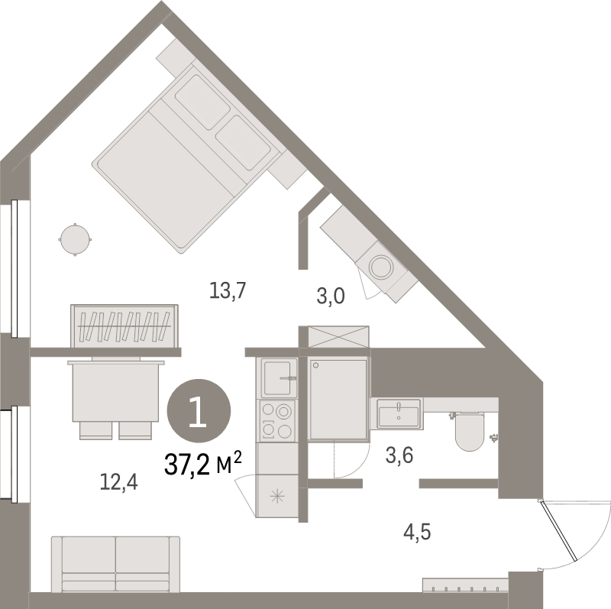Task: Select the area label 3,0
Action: pyautogui.click(x=331, y=295)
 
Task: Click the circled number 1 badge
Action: pyautogui.click(x=197, y=413)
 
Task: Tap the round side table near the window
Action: pyautogui.click(x=75, y=240)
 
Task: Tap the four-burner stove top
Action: pyautogui.click(x=276, y=420)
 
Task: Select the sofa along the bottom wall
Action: pyautogui.click(x=114, y=563)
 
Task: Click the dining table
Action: pyautogui.click(x=116, y=391)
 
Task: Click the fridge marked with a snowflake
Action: pyautogui.click(x=276, y=494)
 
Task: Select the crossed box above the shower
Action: pyautogui.click(x=338, y=336)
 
